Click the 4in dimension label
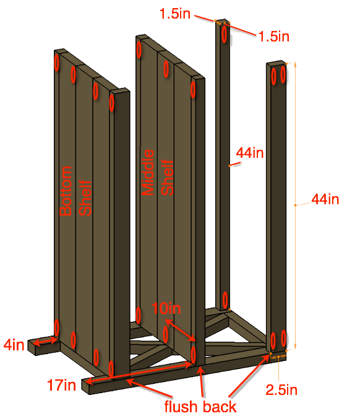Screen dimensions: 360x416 tap(14, 345)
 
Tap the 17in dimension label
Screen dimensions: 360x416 tap(61, 385)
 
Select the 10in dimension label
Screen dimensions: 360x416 tap(166, 308)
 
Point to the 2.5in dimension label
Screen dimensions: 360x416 tap(281, 390)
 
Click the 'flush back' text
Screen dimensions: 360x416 tap(200, 407)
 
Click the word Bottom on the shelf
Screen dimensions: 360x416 tap(66, 191)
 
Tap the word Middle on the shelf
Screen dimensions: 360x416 tap(148, 172)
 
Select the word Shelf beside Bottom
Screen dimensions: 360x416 tap(85, 198)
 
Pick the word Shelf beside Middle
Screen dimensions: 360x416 tap(167, 177)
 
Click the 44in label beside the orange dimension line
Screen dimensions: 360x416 tap(325, 199)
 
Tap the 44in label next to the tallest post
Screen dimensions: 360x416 tap(250, 153)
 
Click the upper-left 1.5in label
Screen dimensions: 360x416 tap(175, 13)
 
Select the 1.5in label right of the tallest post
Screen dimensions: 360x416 tap(273, 36)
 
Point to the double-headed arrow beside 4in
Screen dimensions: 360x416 tap(46, 341)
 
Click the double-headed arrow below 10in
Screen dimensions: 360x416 tap(180, 330)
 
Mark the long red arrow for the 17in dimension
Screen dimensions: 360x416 tap(139, 373)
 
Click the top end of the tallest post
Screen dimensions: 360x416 tap(223, 21)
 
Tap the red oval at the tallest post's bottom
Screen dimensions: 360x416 tap(225, 300)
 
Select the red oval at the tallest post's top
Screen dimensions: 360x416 tap(225, 34)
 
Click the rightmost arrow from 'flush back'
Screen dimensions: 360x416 tap(249, 375)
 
